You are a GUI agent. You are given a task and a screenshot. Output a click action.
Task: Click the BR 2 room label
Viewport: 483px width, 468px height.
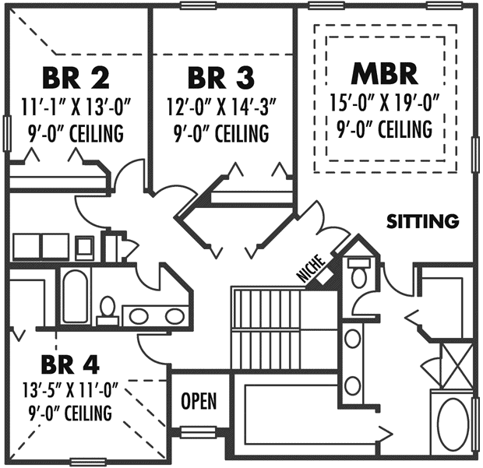(x=76, y=78)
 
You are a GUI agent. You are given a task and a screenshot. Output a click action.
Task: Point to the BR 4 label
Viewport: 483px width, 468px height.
(x=70, y=365)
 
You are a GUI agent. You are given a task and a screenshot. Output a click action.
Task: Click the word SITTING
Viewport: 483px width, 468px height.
(x=423, y=221)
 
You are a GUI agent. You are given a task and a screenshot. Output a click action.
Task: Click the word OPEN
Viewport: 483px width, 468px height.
(x=199, y=401)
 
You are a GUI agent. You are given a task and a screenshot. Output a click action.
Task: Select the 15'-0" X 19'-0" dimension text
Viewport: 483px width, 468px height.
(x=384, y=102)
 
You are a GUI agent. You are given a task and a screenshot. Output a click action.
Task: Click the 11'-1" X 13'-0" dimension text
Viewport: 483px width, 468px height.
(x=76, y=107)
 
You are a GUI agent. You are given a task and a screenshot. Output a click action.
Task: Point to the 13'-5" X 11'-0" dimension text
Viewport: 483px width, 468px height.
(x=70, y=389)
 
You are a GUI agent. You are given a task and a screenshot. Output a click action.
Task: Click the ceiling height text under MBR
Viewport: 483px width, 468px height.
(x=384, y=128)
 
